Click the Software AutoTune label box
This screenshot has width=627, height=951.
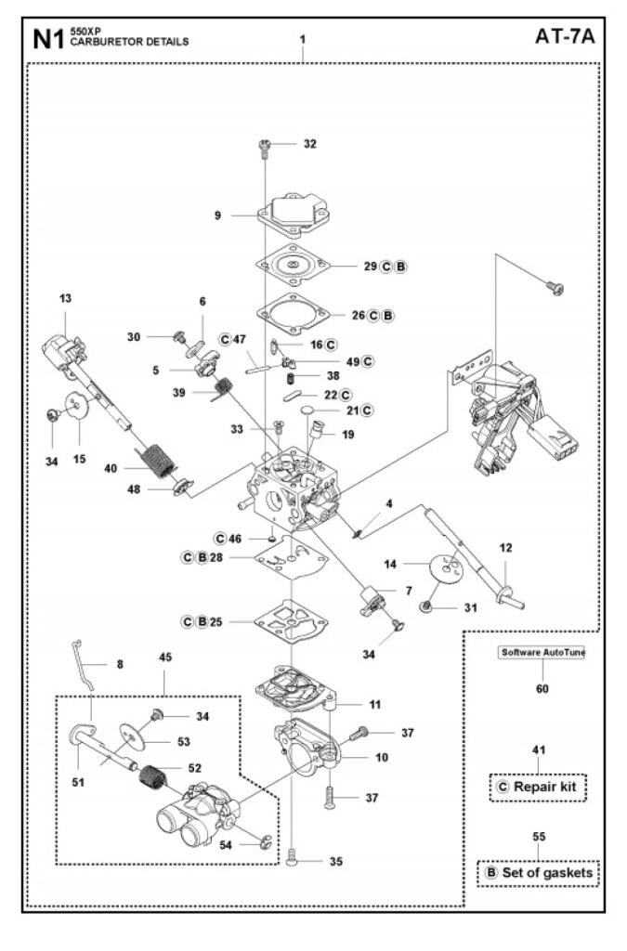(543, 653)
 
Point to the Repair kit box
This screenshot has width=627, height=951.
(539, 787)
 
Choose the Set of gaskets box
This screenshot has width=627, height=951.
(539, 873)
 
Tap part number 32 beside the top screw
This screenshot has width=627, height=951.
(309, 144)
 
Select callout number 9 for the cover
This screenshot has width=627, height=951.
(216, 215)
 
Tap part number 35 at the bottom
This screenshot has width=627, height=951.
(335, 862)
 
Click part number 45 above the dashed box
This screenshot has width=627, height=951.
(165, 658)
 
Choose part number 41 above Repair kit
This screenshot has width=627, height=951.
(539, 749)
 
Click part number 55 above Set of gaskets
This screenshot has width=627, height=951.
(539, 836)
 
